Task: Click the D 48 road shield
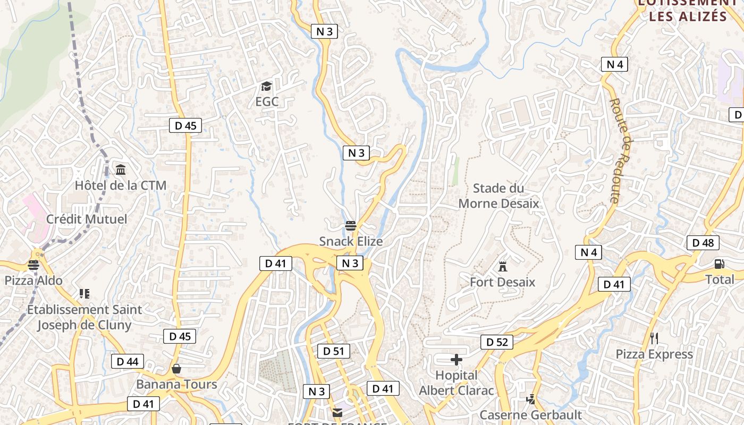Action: (x=703, y=243)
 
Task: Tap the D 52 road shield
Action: (x=497, y=342)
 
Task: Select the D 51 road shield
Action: (x=333, y=351)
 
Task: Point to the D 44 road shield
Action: (x=128, y=362)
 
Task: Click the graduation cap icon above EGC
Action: (x=266, y=87)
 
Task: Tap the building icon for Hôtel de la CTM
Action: (x=121, y=170)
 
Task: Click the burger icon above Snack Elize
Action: (x=350, y=226)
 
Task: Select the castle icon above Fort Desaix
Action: (x=502, y=266)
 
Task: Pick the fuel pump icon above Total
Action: (x=719, y=263)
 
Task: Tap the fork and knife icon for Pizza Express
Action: (x=654, y=338)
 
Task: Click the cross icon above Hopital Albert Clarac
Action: (x=456, y=360)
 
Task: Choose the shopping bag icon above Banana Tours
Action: (x=176, y=369)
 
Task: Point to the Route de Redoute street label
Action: (x=620, y=151)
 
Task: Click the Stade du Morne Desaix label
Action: (x=498, y=195)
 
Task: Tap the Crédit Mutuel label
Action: (x=87, y=219)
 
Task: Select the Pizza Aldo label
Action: (x=33, y=280)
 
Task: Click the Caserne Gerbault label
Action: (x=531, y=414)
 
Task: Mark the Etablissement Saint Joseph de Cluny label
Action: (x=84, y=317)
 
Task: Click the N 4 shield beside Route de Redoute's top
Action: (x=615, y=64)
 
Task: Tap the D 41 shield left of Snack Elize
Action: (x=275, y=263)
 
